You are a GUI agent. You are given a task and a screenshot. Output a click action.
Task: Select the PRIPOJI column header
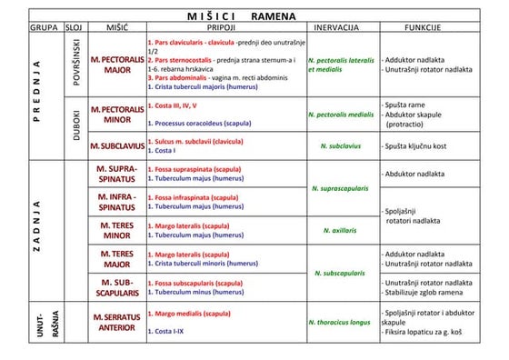click(221, 28)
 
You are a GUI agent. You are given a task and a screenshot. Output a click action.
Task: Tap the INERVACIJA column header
click(341, 28)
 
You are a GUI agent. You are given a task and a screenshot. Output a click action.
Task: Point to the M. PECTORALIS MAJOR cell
click(117, 64)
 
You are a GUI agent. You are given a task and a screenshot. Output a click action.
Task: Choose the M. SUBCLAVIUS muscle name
click(117, 145)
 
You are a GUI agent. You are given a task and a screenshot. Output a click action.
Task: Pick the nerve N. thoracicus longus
click(341, 322)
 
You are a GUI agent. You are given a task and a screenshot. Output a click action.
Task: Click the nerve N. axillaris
click(341, 230)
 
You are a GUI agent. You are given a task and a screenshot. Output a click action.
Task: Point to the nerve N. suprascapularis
click(341, 189)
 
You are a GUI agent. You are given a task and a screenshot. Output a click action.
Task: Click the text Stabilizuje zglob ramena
click(424, 293)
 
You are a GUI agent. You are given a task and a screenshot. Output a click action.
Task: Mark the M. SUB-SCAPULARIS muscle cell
click(117, 287)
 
